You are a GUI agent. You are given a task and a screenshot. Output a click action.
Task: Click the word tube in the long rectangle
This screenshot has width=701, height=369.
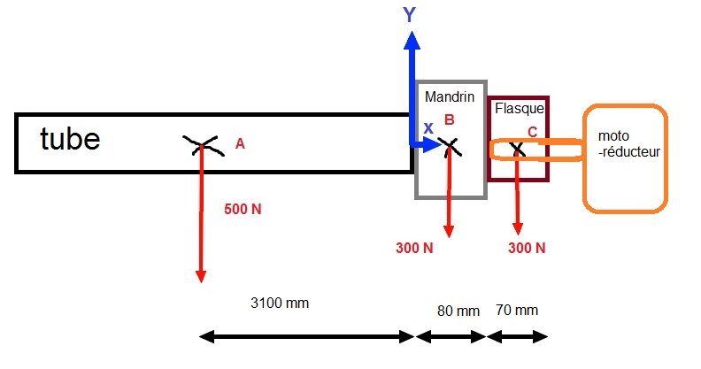[70, 139]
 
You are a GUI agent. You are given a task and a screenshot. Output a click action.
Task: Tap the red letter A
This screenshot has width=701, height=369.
[239, 142]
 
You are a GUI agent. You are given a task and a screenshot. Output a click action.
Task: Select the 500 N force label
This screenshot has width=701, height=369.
[243, 210]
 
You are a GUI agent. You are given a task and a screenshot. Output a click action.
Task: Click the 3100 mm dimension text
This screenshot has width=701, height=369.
[280, 303]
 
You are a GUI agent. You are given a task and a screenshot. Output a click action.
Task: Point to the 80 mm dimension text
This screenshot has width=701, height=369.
[458, 311]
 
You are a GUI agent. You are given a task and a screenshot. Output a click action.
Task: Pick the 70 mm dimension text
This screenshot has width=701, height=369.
[516, 310]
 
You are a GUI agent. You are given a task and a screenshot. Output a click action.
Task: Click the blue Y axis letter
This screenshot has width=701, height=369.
[409, 15]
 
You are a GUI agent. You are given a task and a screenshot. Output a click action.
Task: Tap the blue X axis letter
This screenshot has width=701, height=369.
[428, 128]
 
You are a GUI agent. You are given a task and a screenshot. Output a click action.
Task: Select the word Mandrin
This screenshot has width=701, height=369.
[450, 95]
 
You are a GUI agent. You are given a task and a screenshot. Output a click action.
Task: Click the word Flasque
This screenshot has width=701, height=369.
[520, 109]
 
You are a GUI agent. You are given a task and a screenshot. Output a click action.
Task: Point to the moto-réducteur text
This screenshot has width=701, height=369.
[628, 143]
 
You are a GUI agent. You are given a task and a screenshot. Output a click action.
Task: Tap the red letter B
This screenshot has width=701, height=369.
[449, 119]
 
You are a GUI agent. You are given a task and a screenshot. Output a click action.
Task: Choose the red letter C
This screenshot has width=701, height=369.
[532, 132]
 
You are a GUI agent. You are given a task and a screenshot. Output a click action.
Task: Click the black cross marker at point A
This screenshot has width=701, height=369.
[202, 144]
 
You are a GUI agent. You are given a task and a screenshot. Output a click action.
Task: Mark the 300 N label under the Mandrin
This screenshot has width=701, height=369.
[414, 248]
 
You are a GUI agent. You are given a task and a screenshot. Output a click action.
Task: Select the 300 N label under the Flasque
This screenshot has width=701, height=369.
[527, 248]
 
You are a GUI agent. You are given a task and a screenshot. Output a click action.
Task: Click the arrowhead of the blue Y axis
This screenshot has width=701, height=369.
[411, 40]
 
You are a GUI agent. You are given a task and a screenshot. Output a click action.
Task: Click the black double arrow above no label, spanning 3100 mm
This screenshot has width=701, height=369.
[307, 337]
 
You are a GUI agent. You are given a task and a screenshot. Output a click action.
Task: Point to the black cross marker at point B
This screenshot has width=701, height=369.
[450, 145]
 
